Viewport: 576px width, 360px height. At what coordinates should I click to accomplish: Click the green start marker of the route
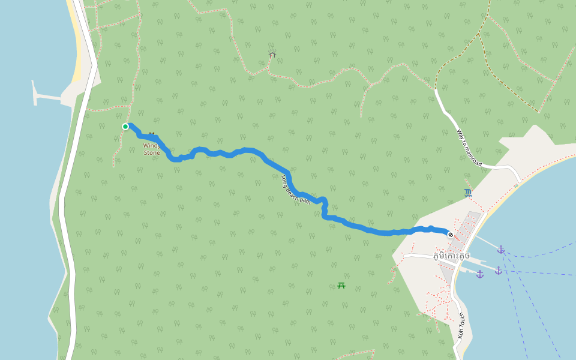pos(125,127)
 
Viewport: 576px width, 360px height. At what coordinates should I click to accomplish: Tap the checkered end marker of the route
pos(451,235)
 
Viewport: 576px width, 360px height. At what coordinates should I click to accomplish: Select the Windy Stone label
pos(152,149)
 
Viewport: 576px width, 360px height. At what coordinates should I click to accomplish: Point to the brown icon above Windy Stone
pos(152,134)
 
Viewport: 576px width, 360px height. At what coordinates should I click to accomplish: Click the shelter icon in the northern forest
pos(272,55)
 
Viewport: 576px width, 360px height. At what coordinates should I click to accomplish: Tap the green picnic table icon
pos(341,286)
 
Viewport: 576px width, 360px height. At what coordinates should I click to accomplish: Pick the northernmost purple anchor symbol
pos(501,250)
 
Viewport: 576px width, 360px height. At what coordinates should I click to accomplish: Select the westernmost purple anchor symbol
pos(480,274)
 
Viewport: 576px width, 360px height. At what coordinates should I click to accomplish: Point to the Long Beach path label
pos(296,190)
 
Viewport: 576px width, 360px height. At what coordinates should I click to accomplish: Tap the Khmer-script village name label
pos(451,256)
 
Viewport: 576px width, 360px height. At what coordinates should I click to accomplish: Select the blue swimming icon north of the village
pos(468,193)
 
